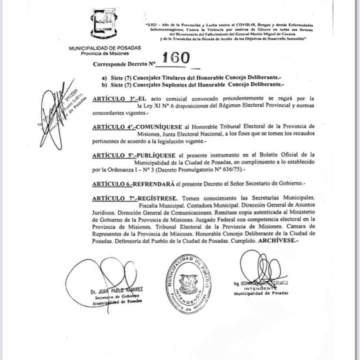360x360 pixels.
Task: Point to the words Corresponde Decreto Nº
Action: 124,64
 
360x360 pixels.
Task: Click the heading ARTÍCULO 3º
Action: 114,99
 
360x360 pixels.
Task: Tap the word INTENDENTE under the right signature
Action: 261,288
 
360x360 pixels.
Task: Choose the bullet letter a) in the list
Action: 104,77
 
